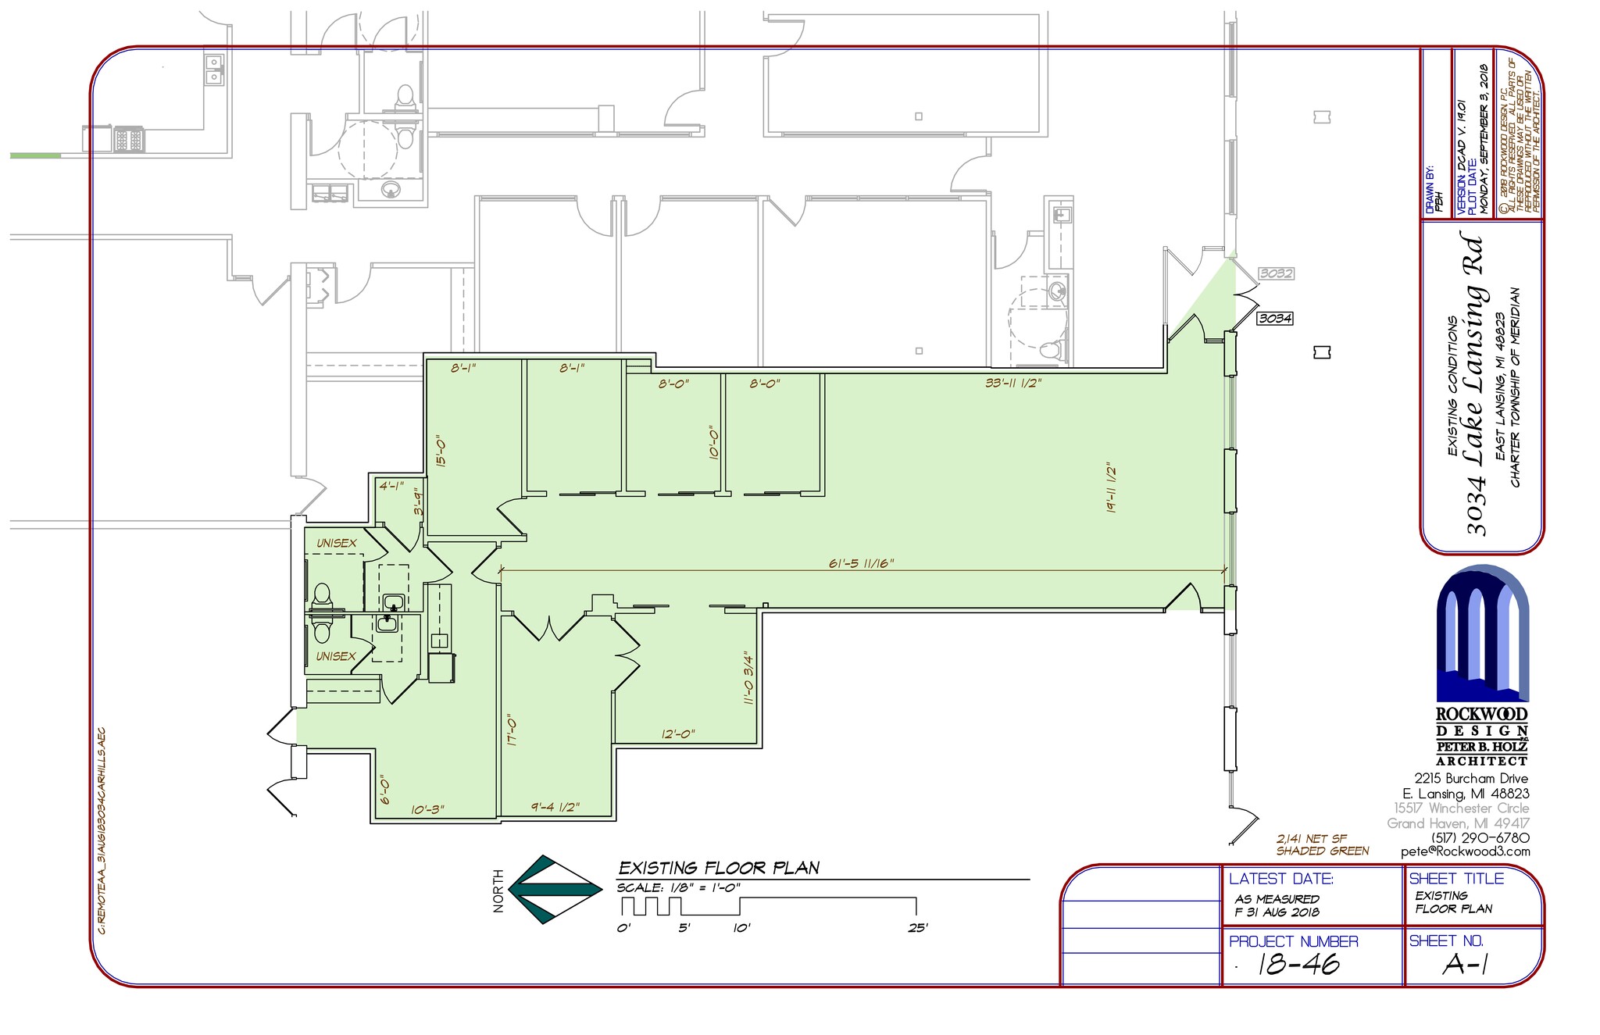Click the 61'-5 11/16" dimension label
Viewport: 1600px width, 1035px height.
[861, 563]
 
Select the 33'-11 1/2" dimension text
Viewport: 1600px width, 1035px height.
[1012, 383]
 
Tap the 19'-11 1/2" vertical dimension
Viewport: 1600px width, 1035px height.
[1110, 488]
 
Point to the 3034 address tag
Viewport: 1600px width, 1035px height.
[1275, 319]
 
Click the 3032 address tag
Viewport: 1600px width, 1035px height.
[1276, 273]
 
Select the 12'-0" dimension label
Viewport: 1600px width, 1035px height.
[677, 734]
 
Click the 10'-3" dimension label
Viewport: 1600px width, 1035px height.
[427, 809]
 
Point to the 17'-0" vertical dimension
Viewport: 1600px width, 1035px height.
[512, 730]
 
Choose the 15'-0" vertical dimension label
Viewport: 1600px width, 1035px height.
[441, 451]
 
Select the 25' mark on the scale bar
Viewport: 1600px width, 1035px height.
[917, 928]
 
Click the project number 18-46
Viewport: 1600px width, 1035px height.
[1298, 964]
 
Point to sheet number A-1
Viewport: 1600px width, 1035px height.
[1464, 965]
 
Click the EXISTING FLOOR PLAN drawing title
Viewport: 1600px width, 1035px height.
[719, 868]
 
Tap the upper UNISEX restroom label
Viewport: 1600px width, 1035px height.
[336, 543]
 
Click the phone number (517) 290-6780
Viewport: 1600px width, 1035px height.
[1480, 837]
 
